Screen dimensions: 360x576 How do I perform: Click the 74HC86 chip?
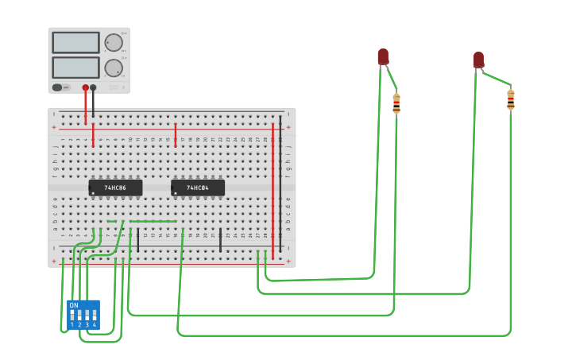pos(116,188)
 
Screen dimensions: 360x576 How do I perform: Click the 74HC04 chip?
pos(198,188)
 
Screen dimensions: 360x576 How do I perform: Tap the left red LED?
pos(383,56)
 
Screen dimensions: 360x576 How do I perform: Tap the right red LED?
pos(478,60)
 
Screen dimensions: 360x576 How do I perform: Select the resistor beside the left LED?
pos(396,103)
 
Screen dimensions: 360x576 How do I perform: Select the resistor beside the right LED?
pos(510,99)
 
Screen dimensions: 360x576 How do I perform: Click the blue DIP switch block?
pos(83,315)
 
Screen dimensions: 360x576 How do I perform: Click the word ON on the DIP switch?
pos(74,305)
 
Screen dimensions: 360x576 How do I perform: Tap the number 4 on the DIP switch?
pos(95,325)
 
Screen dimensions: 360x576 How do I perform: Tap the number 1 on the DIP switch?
pos(72,325)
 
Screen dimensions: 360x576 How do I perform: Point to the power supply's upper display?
pos(75,42)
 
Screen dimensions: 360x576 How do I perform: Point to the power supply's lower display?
pos(75,67)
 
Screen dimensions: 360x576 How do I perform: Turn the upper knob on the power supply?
pos(114,43)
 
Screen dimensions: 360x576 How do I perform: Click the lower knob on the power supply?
pos(114,68)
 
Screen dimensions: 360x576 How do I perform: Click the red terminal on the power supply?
pos(85,87)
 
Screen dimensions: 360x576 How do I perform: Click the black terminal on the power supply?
pos(93,87)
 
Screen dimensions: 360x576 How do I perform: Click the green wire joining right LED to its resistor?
pos(496,78)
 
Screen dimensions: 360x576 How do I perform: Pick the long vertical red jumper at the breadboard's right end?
pos(273,191)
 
